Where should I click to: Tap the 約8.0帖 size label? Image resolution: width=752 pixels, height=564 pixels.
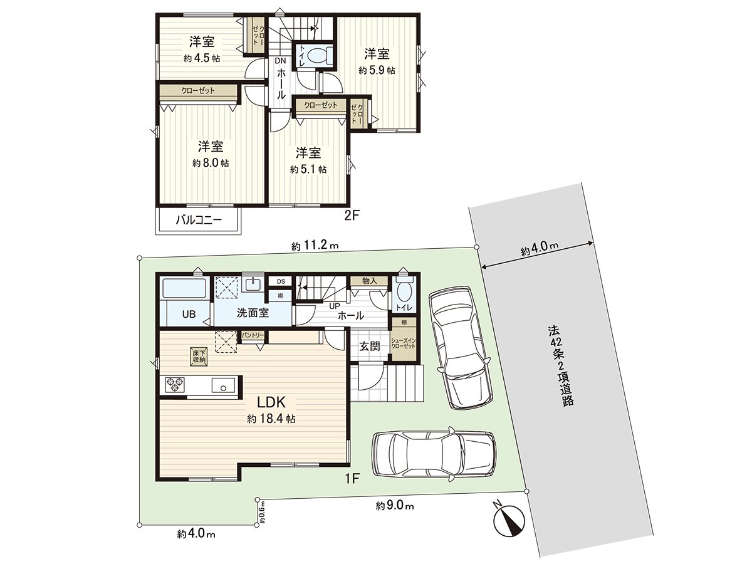point(211,163)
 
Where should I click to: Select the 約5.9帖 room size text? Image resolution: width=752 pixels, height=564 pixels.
point(377,71)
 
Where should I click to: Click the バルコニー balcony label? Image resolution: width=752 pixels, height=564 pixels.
point(197,220)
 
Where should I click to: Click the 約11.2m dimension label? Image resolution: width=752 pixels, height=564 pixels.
point(315,246)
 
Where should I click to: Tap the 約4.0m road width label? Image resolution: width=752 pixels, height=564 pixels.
point(539,251)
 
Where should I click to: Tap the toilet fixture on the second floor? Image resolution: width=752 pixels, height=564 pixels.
point(320,55)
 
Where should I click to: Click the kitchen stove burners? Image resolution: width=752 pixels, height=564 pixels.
point(174,384)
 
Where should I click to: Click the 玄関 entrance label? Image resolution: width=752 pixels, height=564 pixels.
point(370,347)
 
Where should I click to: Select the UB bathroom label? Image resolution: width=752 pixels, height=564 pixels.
point(189,315)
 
